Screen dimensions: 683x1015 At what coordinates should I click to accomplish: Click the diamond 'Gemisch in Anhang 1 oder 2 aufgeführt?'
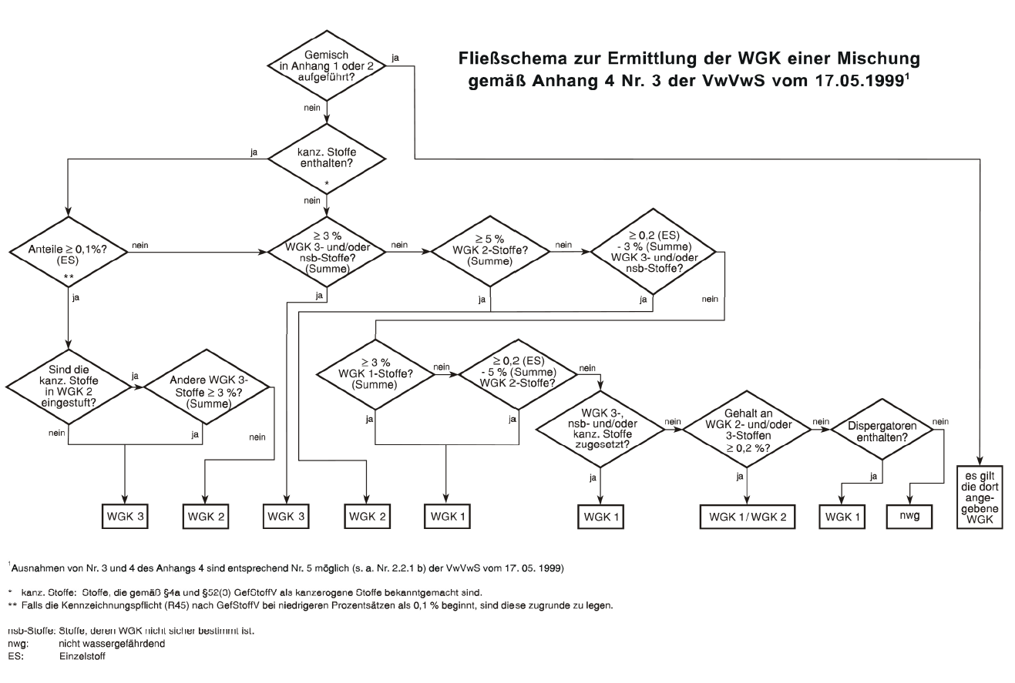pyautogui.click(x=329, y=65)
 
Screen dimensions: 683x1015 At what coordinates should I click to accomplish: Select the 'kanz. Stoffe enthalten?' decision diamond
pyautogui.click(x=328, y=159)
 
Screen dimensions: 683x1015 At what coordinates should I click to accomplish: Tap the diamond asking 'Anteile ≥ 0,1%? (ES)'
pyautogui.click(x=69, y=251)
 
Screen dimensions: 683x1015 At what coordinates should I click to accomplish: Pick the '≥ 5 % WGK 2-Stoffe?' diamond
pyautogui.click(x=491, y=250)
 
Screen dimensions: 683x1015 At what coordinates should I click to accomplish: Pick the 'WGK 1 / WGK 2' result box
pyautogui.click(x=746, y=515)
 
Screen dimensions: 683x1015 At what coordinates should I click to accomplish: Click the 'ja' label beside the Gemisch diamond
pyautogui.click(x=395, y=59)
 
